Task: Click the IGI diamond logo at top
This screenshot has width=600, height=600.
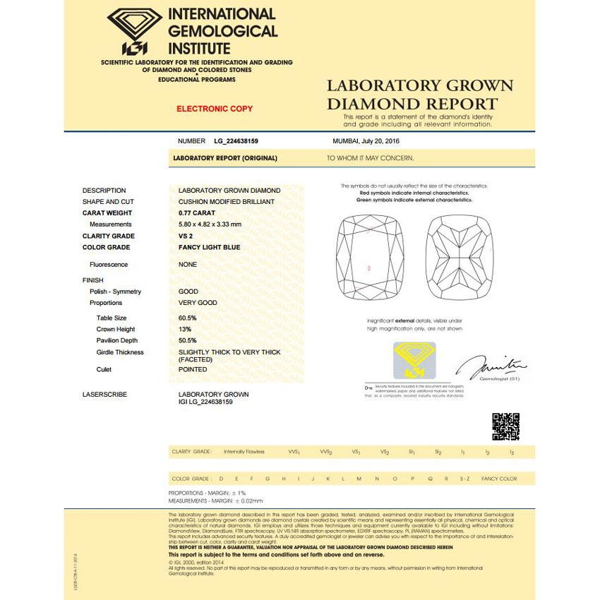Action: pos(135,31)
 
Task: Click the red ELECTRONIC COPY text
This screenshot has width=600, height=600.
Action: pos(215,109)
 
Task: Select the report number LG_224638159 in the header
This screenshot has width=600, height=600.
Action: pos(236,141)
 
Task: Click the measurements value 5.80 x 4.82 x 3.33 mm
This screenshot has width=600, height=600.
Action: pos(210,224)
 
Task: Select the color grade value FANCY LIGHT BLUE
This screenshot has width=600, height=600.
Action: pos(209,248)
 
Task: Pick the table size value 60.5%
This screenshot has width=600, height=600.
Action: pos(188,318)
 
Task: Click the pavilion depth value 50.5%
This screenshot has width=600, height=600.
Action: pos(188,341)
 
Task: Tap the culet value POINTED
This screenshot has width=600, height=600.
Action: pos(193,370)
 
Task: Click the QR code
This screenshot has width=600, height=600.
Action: pos(505,426)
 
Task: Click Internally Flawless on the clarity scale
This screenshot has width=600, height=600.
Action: pos(244,452)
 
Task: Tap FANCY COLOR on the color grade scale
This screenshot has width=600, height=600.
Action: pos(499,479)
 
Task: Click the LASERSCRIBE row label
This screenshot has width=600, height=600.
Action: pos(104,395)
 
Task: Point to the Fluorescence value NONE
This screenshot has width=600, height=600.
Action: pos(188,265)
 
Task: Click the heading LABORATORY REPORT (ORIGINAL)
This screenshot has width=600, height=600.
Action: pos(225,158)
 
